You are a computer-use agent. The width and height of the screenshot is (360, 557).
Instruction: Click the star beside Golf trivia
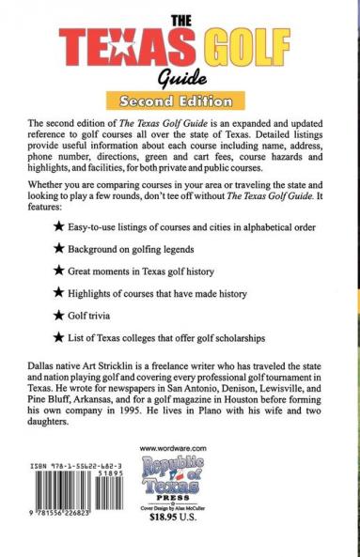59,310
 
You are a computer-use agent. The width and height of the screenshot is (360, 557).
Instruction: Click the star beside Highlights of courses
59,337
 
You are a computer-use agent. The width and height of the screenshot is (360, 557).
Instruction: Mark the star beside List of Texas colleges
59,364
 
